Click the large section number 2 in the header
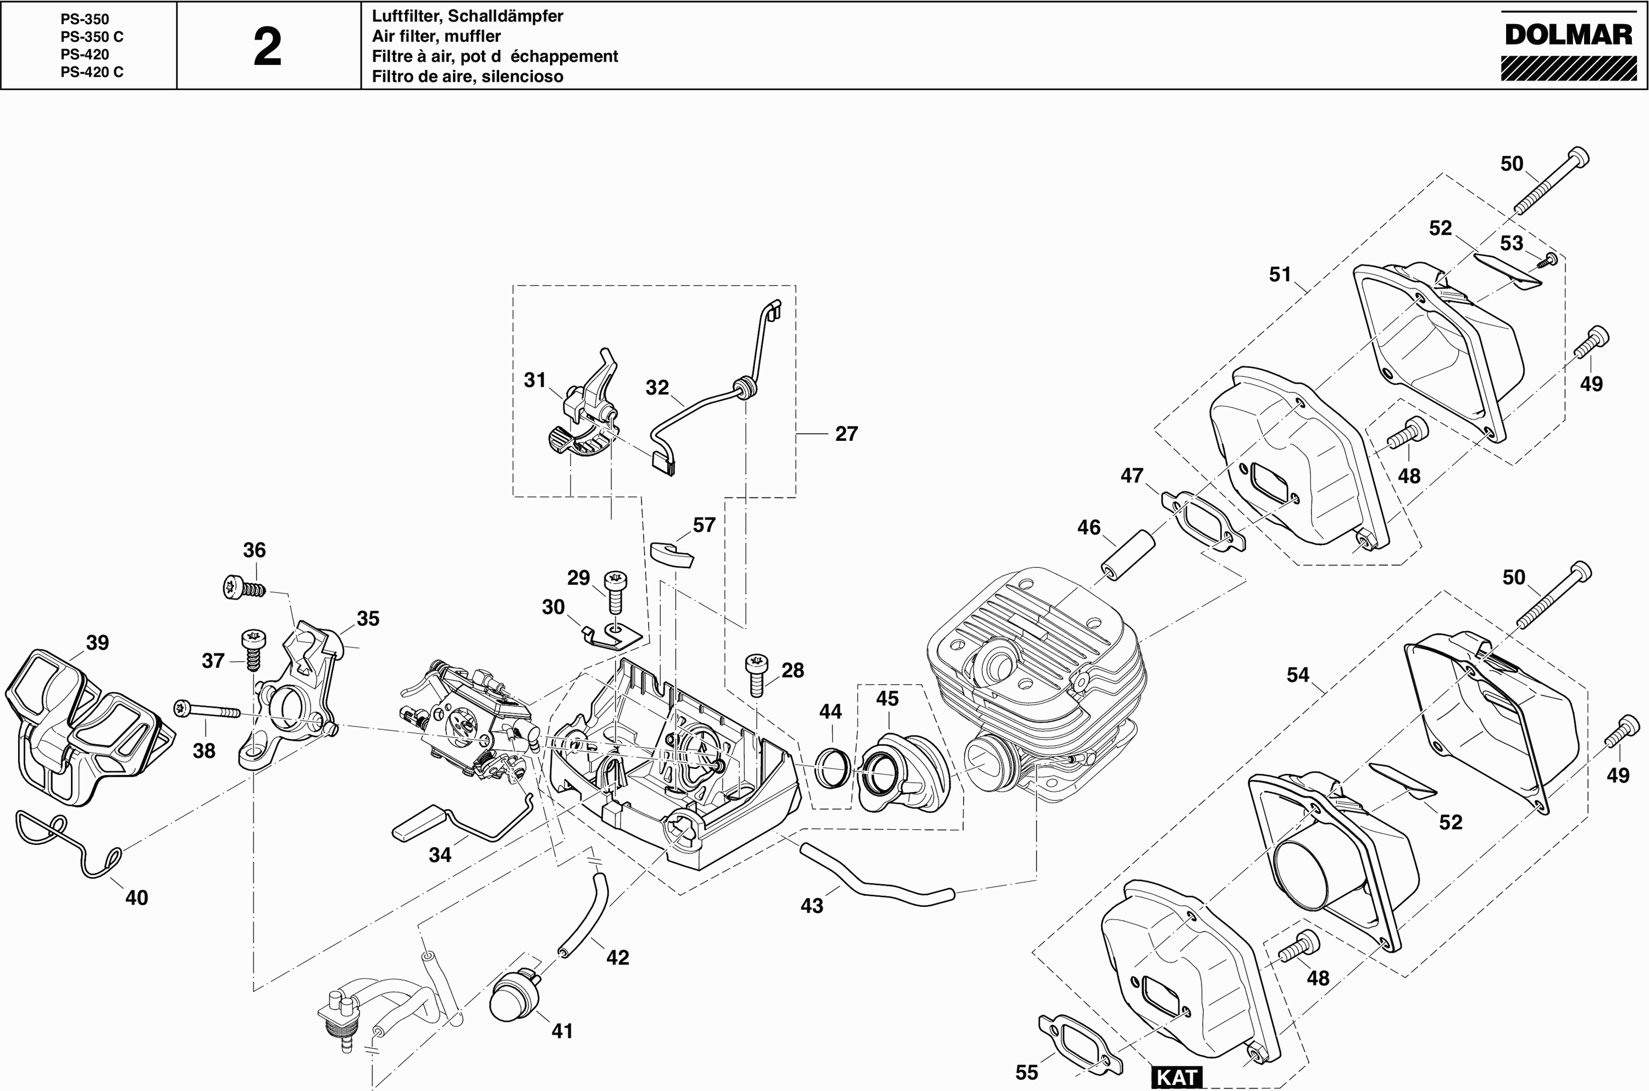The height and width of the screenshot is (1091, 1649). [x=268, y=47]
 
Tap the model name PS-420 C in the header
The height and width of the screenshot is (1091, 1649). [x=92, y=71]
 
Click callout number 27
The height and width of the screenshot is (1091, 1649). [x=846, y=434]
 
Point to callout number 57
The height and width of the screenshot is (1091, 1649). [x=704, y=525]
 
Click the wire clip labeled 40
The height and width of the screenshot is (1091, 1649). [x=66, y=843]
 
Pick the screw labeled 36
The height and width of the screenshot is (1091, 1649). [x=244, y=588]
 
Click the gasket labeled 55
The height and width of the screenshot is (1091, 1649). [x=1080, y=1043]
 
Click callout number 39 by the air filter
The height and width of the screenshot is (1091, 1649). [x=97, y=643]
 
